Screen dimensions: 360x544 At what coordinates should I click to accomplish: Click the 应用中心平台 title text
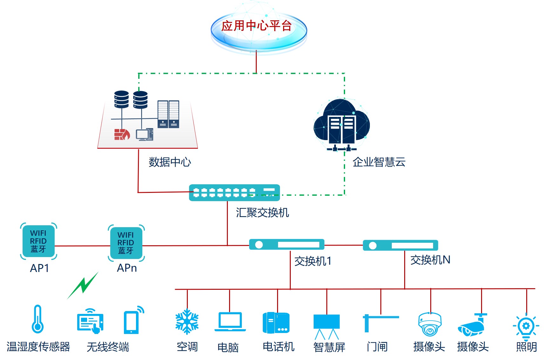coord(256,26)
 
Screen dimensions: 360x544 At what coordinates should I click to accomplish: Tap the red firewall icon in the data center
coord(122,134)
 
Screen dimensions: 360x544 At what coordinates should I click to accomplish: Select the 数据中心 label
coord(170,162)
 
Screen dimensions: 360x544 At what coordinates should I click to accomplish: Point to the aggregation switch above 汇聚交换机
coord(234,193)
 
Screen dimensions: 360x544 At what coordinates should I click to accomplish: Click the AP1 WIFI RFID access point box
coord(38,241)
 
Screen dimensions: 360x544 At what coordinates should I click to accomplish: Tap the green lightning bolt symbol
coord(83,285)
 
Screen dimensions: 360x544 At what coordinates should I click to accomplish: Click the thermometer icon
coord(37,319)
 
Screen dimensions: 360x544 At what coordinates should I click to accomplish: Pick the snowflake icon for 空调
coord(187,322)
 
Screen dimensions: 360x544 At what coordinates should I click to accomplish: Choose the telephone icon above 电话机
coord(276,323)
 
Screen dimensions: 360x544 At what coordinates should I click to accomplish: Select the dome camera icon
coord(430,324)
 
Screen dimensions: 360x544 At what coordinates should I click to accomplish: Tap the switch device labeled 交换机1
coord(287,245)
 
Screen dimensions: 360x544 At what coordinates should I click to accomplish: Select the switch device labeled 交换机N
coord(400,245)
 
